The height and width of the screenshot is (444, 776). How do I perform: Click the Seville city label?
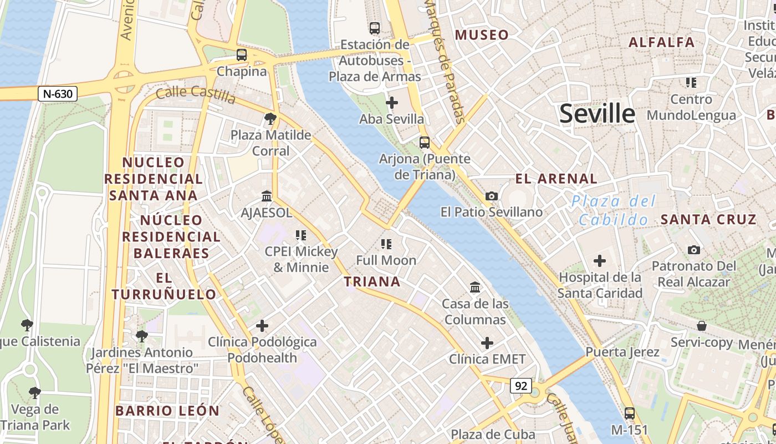(x=597, y=113)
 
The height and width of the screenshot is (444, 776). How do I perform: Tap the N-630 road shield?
(x=58, y=94)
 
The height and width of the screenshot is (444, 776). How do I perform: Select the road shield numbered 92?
(x=520, y=386)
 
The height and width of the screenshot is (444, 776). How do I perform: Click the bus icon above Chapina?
(x=242, y=55)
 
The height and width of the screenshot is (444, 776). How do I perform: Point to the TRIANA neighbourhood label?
(x=372, y=281)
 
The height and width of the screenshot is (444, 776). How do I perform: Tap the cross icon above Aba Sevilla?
(x=392, y=103)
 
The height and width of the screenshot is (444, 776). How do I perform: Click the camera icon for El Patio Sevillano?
(x=491, y=196)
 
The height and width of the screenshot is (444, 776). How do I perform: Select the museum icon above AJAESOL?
(x=267, y=196)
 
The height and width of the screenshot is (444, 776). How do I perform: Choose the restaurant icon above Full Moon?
(x=386, y=244)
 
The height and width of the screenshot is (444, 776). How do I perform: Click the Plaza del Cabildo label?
(x=614, y=210)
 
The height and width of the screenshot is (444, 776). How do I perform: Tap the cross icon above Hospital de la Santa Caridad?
(x=599, y=260)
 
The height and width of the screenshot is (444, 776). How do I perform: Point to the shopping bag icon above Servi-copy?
(x=702, y=326)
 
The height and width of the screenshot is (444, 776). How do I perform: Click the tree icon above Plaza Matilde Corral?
(x=270, y=118)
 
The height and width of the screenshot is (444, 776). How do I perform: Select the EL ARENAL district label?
(x=557, y=179)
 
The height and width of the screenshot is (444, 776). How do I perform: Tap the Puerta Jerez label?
(x=622, y=352)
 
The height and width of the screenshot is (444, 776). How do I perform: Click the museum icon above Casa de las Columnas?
(x=475, y=287)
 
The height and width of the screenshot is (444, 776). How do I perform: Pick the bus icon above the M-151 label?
(x=630, y=413)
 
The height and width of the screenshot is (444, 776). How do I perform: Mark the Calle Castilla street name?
(x=196, y=94)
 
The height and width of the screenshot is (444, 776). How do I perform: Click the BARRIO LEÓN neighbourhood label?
(x=167, y=411)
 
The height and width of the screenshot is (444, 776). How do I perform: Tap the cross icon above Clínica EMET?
(x=487, y=343)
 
